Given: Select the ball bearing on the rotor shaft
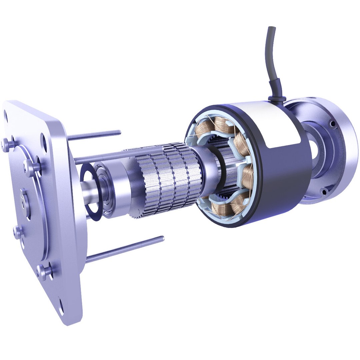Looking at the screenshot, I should (107, 190).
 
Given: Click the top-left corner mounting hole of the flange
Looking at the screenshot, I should (5, 117).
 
